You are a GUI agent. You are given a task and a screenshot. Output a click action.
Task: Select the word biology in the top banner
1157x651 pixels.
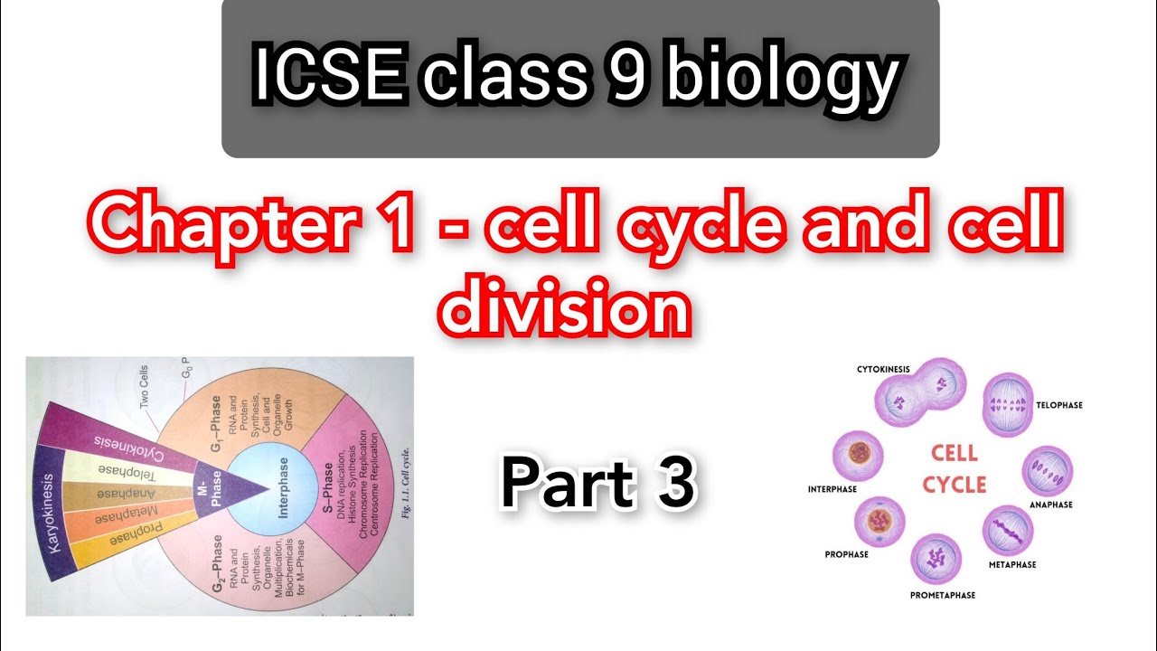(781, 78)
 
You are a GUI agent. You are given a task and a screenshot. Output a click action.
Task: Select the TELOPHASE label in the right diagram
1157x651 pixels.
(1058, 405)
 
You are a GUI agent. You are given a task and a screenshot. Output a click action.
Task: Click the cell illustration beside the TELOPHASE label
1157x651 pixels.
(1006, 399)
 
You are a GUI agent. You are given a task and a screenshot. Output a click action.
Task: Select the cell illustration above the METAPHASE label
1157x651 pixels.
(1006, 530)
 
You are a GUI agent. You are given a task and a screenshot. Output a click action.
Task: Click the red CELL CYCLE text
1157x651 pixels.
(954, 468)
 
